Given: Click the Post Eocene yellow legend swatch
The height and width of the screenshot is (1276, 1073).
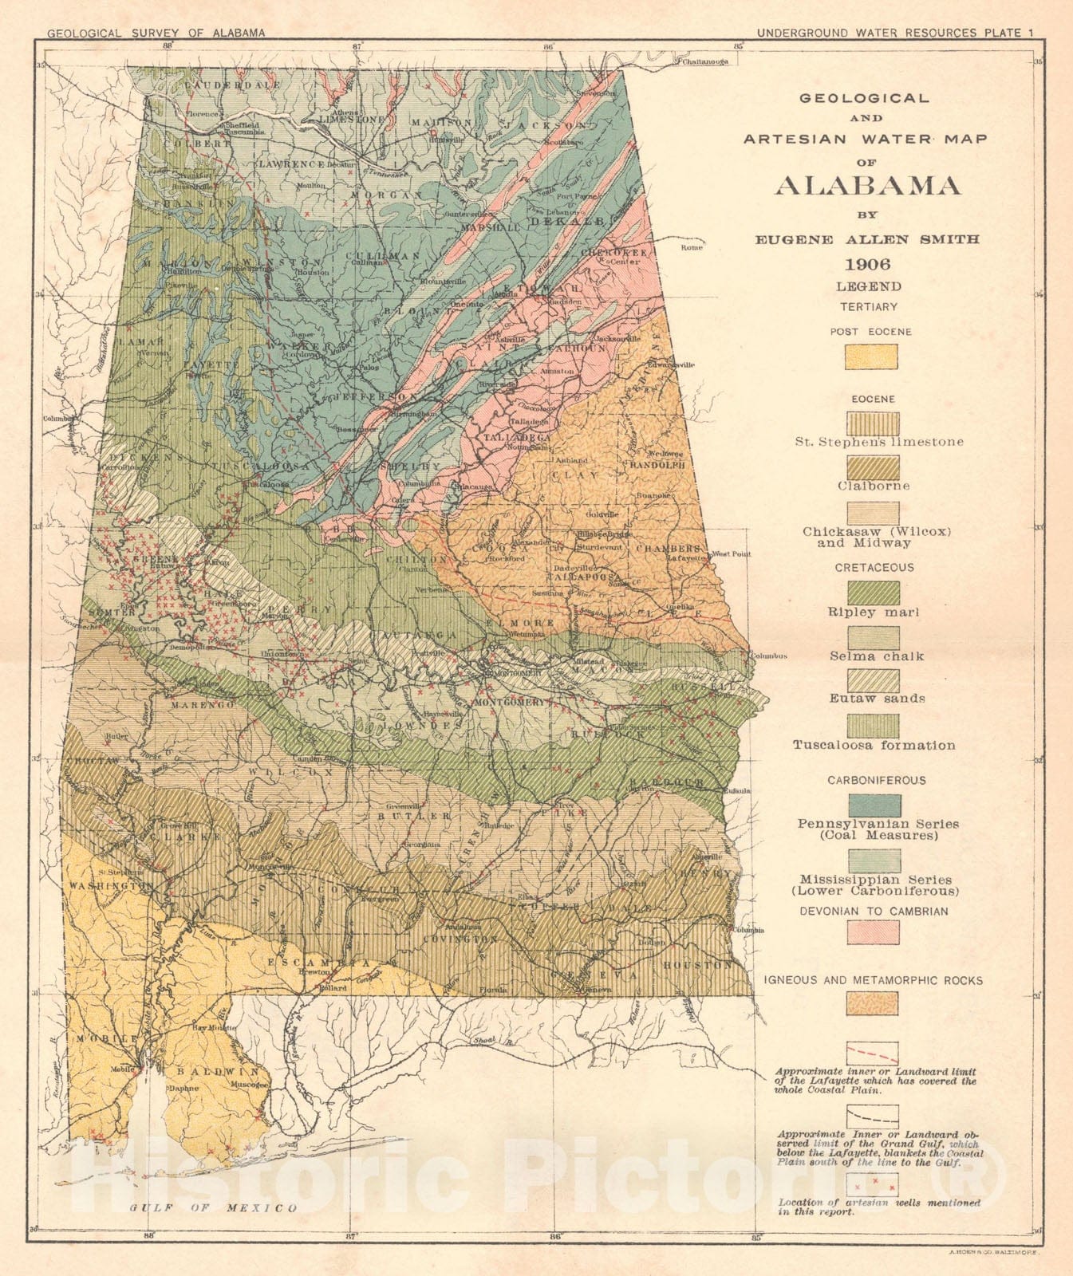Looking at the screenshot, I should [x=872, y=356].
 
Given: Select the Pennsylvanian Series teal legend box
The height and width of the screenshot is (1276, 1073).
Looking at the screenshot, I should [x=874, y=805].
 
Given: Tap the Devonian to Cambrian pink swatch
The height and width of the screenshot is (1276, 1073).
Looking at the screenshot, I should [x=873, y=931].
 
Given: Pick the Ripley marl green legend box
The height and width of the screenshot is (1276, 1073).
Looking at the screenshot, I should [x=873, y=593].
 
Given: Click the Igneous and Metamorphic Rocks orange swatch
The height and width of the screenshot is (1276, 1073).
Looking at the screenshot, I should [x=873, y=1003].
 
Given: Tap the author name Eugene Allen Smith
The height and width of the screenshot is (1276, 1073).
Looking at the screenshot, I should [x=868, y=239].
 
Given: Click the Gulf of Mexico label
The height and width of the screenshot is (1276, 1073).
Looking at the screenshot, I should [x=213, y=1207].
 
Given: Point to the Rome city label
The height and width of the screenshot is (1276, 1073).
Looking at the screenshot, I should [x=691, y=248].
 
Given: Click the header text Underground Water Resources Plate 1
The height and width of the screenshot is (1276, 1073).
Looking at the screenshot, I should [x=894, y=33].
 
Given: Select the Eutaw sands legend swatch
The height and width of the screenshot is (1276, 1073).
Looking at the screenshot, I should [x=873, y=680].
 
